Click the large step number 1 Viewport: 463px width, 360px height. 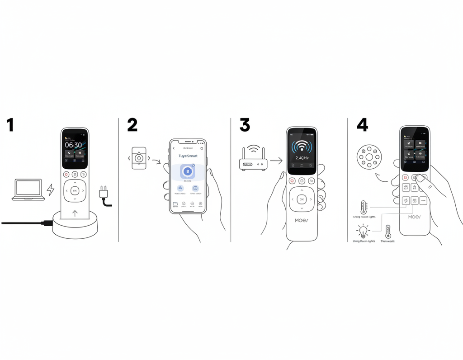click(x=10, y=125)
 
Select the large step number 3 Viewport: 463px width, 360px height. click(x=245, y=125)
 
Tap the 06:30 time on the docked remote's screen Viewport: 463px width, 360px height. click(x=73, y=145)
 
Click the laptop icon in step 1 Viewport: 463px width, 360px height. click(x=28, y=189)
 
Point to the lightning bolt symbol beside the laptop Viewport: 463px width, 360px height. click(x=51, y=189)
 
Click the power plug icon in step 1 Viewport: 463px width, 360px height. click(x=104, y=194)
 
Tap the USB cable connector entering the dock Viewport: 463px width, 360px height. click(x=47, y=223)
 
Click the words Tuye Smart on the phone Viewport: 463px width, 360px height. click(x=188, y=156)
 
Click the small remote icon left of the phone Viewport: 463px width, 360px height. click(x=139, y=158)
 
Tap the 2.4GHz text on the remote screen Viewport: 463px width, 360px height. click(x=302, y=158)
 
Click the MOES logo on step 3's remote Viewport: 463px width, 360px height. click(x=302, y=220)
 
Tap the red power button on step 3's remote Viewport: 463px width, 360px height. click(x=292, y=181)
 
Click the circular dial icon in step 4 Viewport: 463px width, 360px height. click(x=369, y=157)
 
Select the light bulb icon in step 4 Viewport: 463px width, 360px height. click(x=362, y=232)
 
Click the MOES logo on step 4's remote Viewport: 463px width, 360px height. click(x=414, y=217)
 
